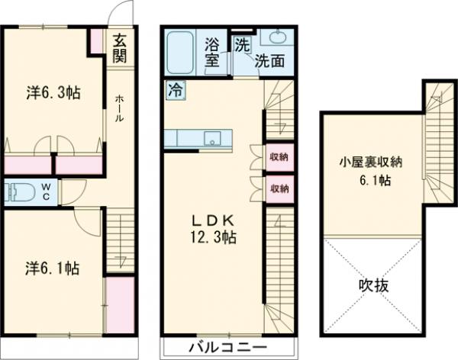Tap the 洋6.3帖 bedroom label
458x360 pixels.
(x=53, y=93)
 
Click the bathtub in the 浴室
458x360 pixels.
(x=179, y=51)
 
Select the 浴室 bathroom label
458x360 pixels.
(x=213, y=53)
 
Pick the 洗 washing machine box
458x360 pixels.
(x=241, y=43)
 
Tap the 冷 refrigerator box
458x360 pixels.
(x=175, y=89)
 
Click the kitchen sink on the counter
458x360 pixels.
(x=213, y=138)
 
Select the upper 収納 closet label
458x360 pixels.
(x=279, y=157)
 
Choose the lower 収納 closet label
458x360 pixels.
(x=279, y=187)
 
